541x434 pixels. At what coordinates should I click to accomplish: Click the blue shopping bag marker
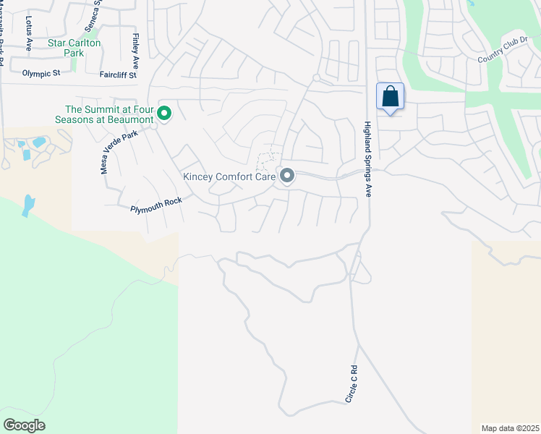click(390, 97)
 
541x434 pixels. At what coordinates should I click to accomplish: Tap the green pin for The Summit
click(164, 113)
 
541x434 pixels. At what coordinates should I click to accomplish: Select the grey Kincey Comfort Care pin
click(287, 176)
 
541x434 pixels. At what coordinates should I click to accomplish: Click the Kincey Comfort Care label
click(229, 176)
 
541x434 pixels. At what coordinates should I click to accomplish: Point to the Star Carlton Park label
click(74, 48)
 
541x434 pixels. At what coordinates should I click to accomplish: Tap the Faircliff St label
click(118, 74)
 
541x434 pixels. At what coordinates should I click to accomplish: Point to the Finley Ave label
click(135, 48)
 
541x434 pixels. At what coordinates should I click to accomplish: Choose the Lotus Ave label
click(30, 33)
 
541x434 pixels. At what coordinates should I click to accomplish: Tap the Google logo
click(24, 425)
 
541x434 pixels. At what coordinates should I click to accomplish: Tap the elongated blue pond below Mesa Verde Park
click(28, 205)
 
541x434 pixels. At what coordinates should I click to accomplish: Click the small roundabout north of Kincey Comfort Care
click(316, 77)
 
